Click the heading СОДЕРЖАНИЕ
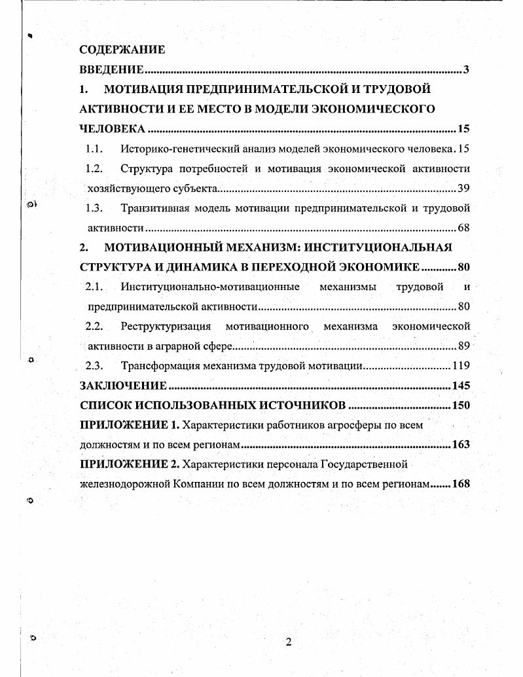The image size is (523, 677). [122, 49]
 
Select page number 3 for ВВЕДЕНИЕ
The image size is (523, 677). [466, 69]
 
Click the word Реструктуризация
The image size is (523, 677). [166, 326]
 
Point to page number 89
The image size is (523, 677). [463, 346]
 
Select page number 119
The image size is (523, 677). [461, 365]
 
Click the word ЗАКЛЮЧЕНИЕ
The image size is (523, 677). [123, 385]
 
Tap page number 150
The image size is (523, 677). [461, 405]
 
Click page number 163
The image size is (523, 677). [461, 444]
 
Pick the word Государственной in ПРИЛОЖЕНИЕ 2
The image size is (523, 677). [364, 464]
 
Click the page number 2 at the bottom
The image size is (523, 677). [288, 641]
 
